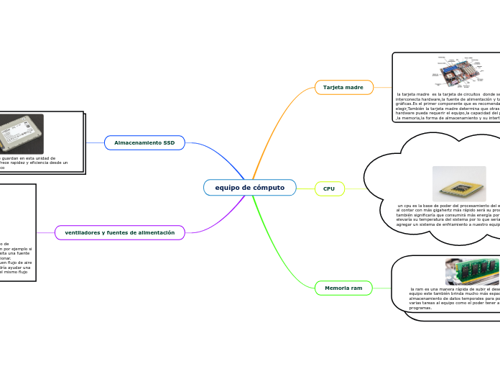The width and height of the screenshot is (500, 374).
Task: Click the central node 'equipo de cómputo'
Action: point(250,188)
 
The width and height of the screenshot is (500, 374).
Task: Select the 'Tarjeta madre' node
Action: point(343,87)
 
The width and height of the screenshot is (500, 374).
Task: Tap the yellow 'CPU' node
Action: point(329,188)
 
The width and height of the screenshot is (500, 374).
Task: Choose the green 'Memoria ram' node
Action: point(343,288)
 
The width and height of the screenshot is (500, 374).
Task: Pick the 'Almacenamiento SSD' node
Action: point(144,143)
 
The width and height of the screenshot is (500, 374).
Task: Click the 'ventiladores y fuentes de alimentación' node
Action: point(120,232)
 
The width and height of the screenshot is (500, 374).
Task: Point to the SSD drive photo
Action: point(19,134)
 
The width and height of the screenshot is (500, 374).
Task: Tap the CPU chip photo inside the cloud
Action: point(459,184)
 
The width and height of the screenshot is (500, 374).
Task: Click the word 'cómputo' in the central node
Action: point(267,188)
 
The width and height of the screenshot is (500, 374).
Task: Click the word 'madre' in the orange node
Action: point(353,87)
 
